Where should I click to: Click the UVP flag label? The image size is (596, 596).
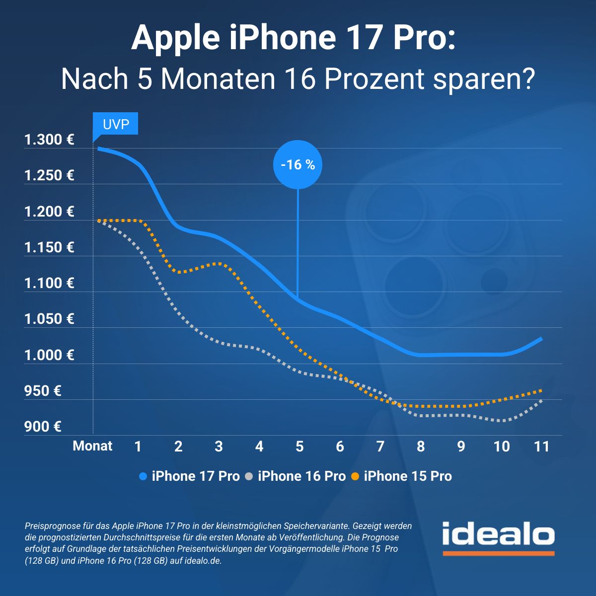point(116,124)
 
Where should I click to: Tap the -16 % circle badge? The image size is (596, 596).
point(298,164)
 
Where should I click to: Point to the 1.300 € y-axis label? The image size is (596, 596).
point(49,140)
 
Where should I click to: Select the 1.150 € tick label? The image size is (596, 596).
point(49,247)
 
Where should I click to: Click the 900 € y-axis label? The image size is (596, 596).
point(43,427)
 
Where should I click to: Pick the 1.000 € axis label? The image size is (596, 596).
point(49,355)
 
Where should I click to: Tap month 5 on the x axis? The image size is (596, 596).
point(299,447)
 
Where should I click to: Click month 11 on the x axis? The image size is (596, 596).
point(541,447)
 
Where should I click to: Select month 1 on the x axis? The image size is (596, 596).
point(138,447)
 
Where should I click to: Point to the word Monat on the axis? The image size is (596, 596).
point(92,446)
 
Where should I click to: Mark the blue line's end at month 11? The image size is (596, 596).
point(541,339)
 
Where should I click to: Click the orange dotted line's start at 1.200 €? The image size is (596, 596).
point(99,221)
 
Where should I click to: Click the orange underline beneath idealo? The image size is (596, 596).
point(498,553)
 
